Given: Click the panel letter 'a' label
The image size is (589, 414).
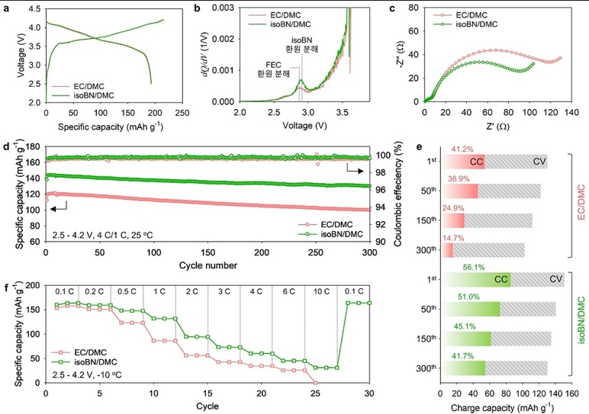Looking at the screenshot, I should tap(6, 8).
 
